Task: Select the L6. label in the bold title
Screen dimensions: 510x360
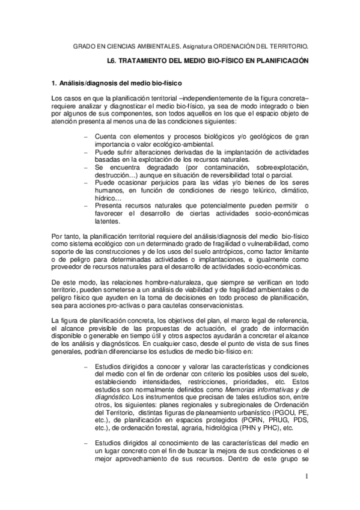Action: coord(111,61)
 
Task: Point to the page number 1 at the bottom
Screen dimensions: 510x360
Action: coord(305,477)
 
